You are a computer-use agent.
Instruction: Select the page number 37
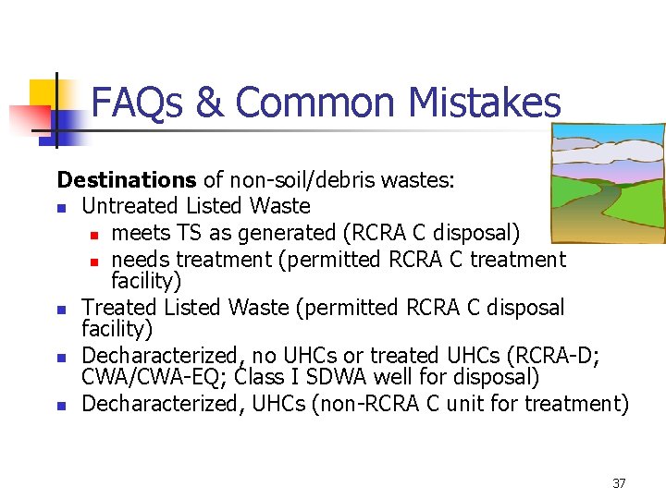[619, 483]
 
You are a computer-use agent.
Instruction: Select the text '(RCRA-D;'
[563, 357]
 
